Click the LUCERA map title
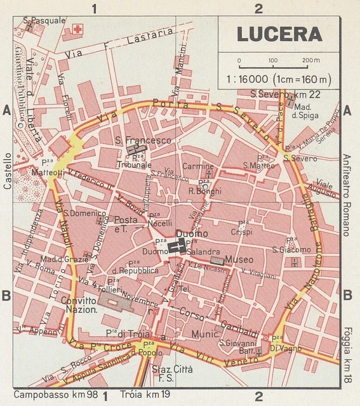(279, 34)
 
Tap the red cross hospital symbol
(78, 29)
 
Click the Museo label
(239, 259)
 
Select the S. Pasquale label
(45, 20)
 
